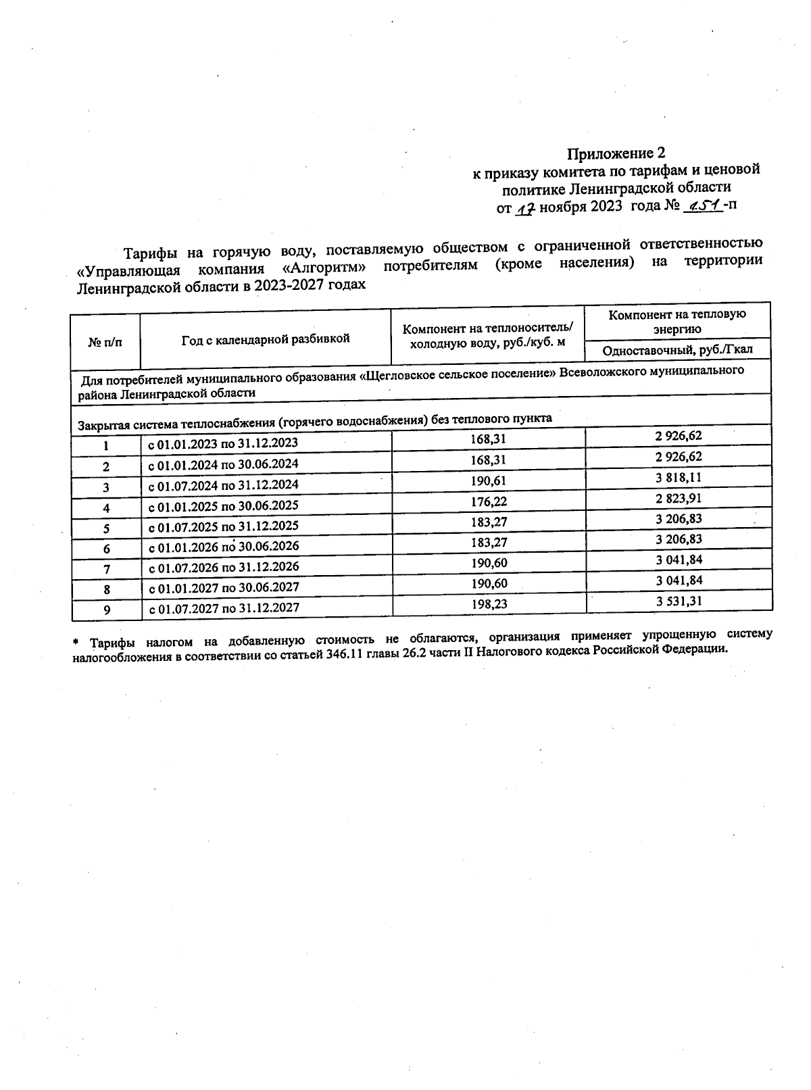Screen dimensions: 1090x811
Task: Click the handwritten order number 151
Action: click(x=703, y=205)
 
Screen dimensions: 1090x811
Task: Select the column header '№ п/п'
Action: click(x=105, y=342)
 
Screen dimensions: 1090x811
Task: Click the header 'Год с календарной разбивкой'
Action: click(x=266, y=339)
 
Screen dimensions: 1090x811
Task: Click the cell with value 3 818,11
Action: click(x=678, y=476)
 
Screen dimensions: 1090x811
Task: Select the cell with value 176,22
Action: click(x=489, y=501)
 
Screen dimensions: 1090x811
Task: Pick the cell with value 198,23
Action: click(x=489, y=604)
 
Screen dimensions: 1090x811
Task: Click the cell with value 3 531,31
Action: click(x=679, y=600)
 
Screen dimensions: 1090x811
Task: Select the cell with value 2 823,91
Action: click(x=678, y=497)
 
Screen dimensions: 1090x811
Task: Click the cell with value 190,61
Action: click(x=489, y=481)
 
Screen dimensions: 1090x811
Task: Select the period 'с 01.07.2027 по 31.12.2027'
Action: click(x=223, y=608)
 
